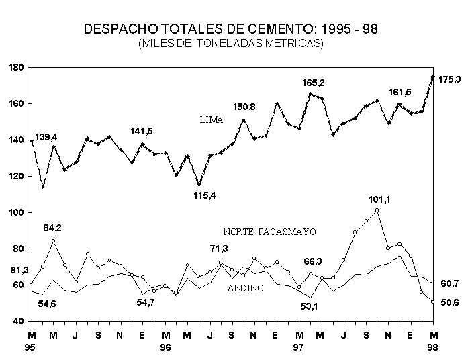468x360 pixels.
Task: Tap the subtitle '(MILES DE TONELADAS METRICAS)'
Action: click(231, 44)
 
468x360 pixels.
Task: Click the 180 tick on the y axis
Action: click(17, 68)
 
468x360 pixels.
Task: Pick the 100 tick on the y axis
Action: click(17, 213)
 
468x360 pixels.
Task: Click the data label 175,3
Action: click(449, 79)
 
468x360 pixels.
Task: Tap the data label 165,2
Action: click(313, 83)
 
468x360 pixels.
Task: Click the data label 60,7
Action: click(449, 284)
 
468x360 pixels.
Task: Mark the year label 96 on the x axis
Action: click(165, 347)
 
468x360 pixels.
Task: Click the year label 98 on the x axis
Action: click(433, 347)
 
